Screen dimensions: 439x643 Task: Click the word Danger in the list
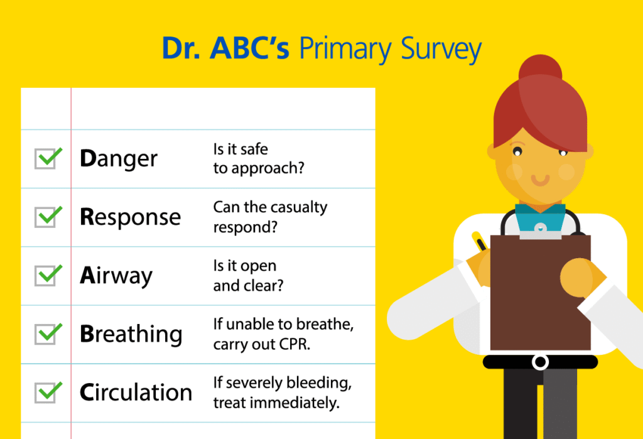coord(119,160)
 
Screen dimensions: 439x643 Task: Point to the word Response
coord(130,218)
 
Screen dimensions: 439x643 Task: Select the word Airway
coord(116,276)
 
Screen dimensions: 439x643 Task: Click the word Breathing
coord(131,335)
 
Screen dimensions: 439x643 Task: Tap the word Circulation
coord(136,393)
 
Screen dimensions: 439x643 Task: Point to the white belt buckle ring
coord(540,362)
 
